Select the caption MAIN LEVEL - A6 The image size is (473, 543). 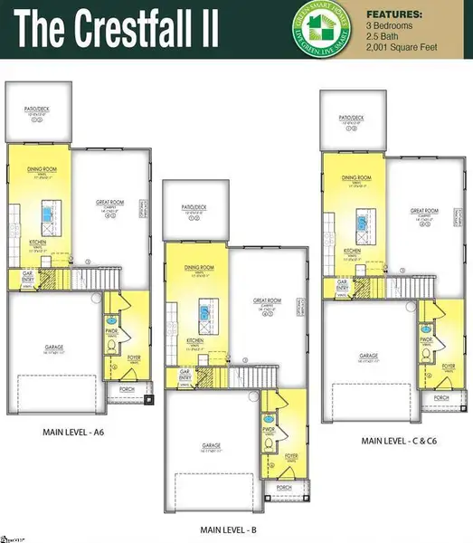[80, 432]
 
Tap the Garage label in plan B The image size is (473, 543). [213, 445]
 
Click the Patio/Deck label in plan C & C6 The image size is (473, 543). [351, 118]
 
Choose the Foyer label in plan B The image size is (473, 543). [290, 455]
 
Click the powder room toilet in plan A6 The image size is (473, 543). [111, 319]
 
